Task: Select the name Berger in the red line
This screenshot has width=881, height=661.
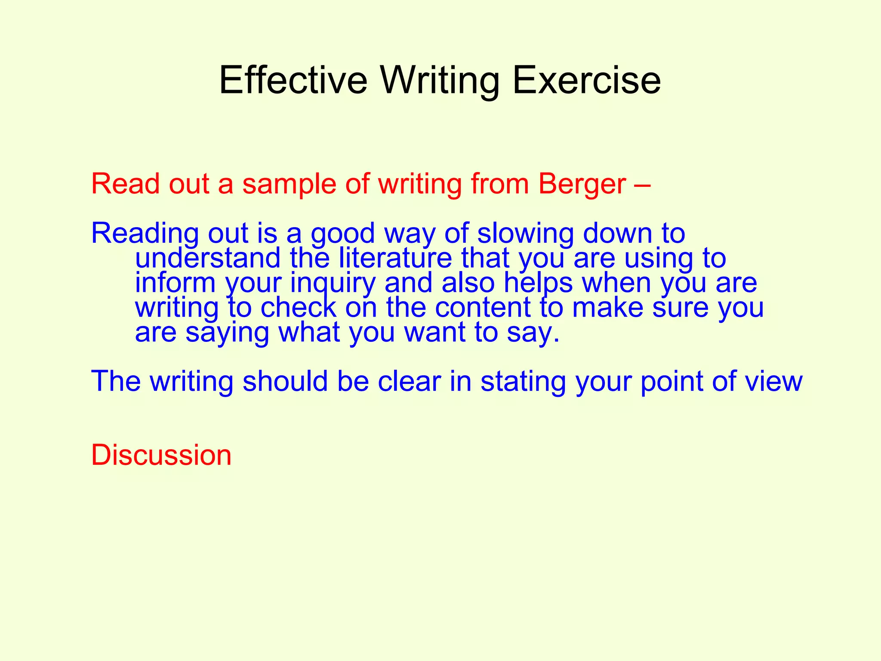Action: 582,184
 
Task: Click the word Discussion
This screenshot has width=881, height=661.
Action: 161,455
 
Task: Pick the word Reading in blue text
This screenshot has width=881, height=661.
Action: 145,234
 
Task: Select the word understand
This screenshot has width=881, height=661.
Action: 208,258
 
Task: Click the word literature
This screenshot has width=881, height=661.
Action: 395,258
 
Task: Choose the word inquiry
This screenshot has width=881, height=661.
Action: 333,283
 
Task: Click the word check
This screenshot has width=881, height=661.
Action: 298,308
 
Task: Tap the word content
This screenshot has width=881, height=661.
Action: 483,308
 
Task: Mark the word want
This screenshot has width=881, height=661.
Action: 435,333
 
